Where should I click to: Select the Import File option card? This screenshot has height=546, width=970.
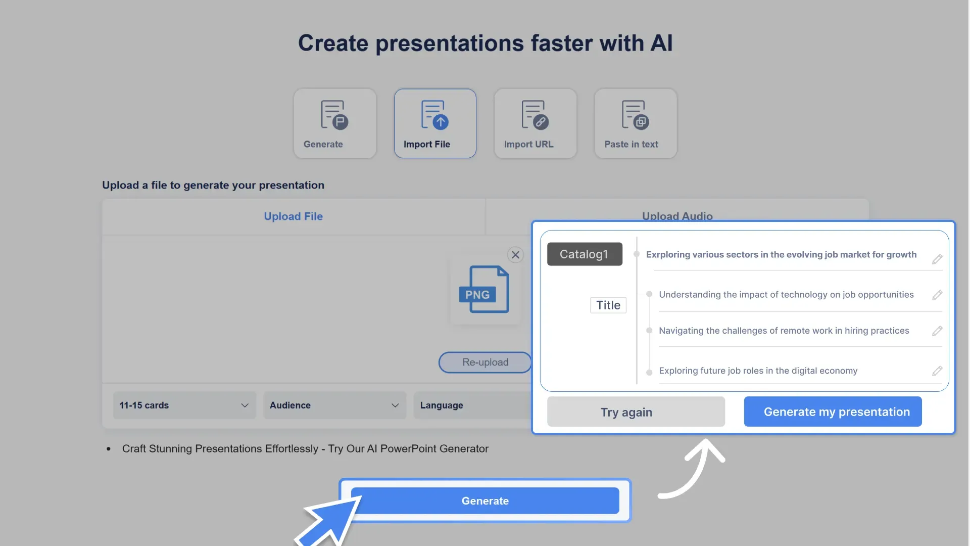(435, 123)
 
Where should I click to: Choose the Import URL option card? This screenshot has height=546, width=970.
(535, 123)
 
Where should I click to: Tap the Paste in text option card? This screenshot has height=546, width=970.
(635, 123)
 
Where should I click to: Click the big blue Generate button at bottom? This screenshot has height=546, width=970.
(485, 500)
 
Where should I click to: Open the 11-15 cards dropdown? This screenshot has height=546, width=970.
(184, 405)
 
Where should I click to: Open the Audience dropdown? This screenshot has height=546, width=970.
(334, 405)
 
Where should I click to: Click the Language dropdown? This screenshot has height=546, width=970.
(472, 405)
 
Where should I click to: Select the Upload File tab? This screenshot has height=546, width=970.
(293, 216)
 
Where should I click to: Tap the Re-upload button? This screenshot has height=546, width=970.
(485, 362)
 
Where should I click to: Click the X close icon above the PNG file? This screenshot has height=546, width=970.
(515, 255)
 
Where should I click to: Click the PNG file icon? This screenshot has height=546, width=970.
(484, 289)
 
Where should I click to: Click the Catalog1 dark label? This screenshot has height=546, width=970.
(585, 254)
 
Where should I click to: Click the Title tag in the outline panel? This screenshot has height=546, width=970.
(608, 305)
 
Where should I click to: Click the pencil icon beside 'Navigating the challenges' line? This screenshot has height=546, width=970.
(937, 331)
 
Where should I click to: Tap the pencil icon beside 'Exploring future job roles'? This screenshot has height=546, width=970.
(937, 371)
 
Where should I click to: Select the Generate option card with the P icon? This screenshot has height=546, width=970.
(334, 123)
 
